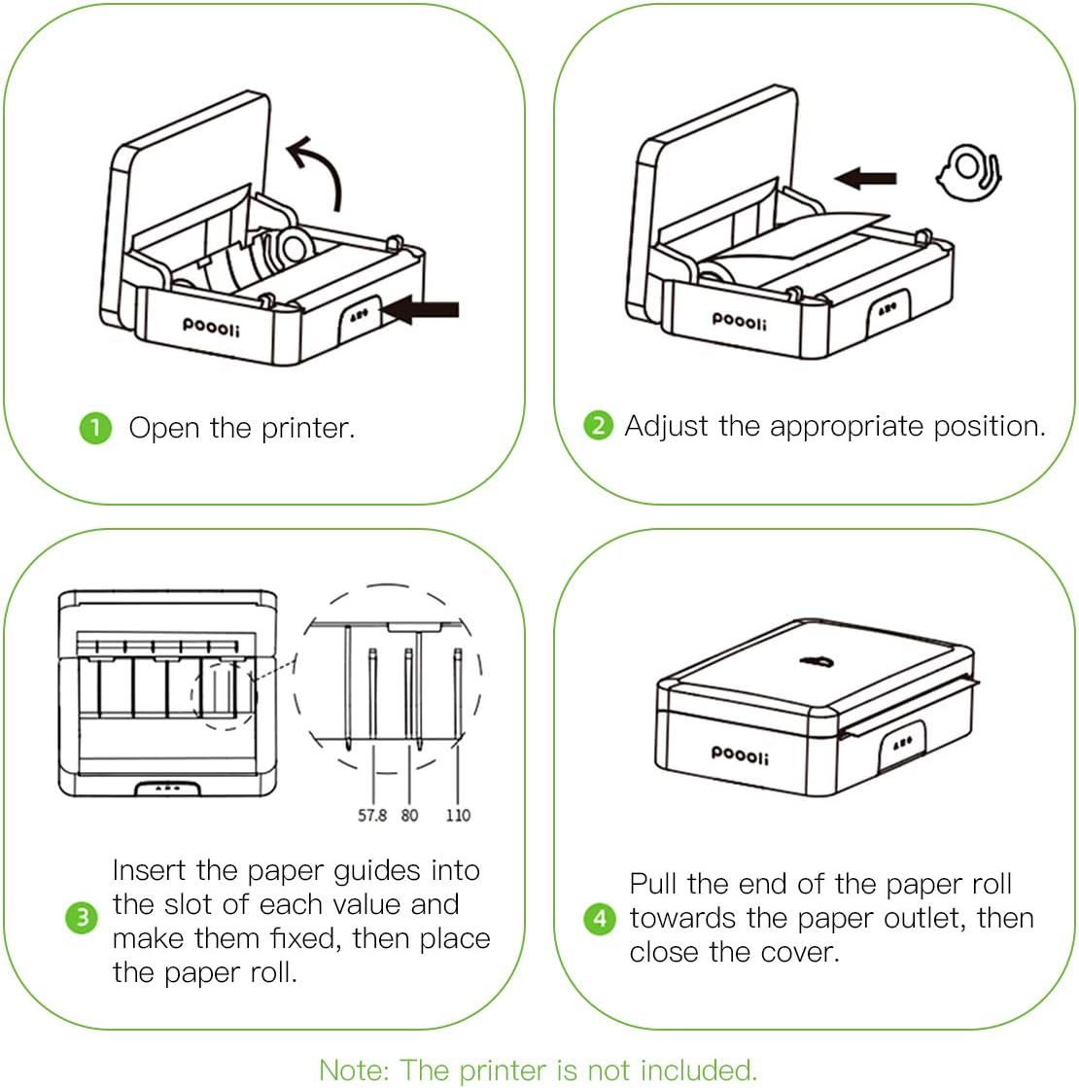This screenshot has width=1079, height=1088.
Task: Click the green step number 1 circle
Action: click(x=94, y=428)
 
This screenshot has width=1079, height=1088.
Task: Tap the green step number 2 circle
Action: click(x=598, y=425)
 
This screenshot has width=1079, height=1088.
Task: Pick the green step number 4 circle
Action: click(x=599, y=918)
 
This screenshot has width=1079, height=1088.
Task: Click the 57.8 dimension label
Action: click(x=371, y=815)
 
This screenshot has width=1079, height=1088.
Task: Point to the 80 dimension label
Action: click(x=409, y=815)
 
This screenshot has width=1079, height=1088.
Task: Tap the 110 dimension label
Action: click(x=457, y=815)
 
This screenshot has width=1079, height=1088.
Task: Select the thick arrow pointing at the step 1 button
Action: click(x=422, y=310)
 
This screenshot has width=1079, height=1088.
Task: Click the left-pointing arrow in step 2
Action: click(x=866, y=177)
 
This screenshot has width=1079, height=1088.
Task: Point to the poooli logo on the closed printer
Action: click(x=739, y=753)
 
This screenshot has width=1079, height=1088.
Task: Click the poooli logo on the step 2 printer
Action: click(x=739, y=319)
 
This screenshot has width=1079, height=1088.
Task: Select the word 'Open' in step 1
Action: click(x=164, y=428)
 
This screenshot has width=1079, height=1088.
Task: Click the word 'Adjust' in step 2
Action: click(x=667, y=426)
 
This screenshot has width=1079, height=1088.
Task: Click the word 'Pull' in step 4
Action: click(x=654, y=884)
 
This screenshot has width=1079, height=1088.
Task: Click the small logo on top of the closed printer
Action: click(x=813, y=662)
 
